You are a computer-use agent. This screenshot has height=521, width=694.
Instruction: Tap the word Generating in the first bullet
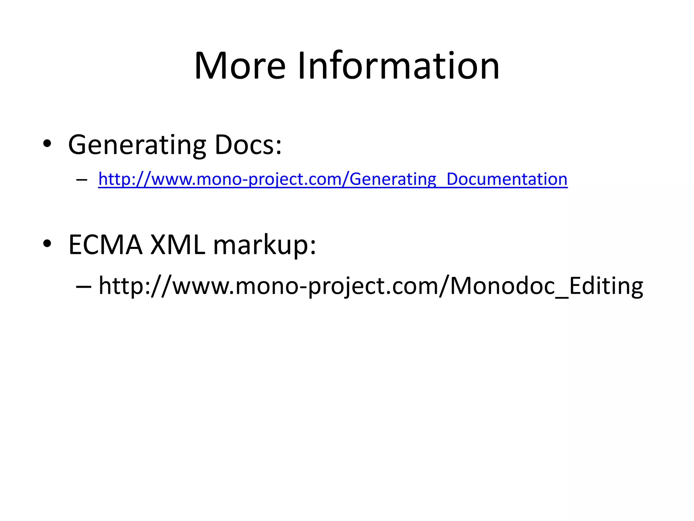pos(137,145)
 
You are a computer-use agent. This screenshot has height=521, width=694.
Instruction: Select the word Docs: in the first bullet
pos(248,145)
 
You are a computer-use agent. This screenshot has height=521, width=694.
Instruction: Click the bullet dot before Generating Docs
pos(47,144)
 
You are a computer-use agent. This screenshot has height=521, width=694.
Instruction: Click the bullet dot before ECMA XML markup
pos(47,243)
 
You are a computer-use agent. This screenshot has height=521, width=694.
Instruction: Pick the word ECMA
pos(105,245)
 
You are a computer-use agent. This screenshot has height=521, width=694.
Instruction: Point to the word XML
pos(178,245)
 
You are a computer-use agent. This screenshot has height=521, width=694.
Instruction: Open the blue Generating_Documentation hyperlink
pos(333,179)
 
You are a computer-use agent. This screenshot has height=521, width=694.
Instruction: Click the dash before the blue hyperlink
pos(82,179)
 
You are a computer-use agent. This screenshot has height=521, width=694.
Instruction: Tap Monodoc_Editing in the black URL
pos(547,286)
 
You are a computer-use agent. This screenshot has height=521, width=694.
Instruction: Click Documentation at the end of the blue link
pos(507,179)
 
